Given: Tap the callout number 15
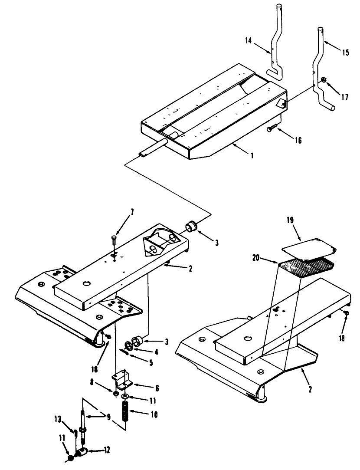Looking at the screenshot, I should tap(345, 53).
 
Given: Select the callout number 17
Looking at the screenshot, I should tap(344, 98).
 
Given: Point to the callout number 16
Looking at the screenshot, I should tap(298, 140).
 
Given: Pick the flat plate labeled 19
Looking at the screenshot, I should tap(309, 246).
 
